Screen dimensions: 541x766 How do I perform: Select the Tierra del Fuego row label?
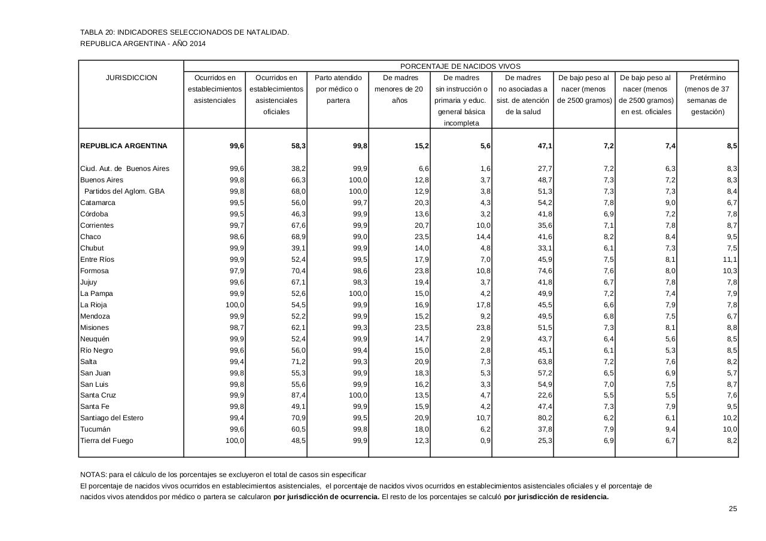(x=107, y=441)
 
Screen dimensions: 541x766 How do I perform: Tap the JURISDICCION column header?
(x=131, y=78)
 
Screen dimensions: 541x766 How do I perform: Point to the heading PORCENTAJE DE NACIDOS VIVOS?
(x=460, y=66)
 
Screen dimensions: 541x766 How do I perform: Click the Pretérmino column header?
(x=707, y=78)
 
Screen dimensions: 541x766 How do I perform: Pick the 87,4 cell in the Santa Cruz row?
(x=297, y=395)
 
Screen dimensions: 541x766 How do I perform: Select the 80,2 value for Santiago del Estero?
(x=545, y=418)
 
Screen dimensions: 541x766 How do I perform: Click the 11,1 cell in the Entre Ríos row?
(x=729, y=259)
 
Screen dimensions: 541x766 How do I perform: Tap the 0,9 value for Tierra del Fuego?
(x=485, y=441)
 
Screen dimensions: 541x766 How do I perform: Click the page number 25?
(x=732, y=509)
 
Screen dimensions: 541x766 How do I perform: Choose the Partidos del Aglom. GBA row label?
(x=124, y=191)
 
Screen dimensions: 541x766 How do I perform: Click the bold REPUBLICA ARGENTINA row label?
(x=123, y=146)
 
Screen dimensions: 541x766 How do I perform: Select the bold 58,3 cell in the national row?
(x=297, y=146)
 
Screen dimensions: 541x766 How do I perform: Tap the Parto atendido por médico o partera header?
(x=338, y=89)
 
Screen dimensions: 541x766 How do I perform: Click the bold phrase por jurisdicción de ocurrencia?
(x=326, y=497)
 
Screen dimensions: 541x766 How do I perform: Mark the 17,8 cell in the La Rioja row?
(x=483, y=305)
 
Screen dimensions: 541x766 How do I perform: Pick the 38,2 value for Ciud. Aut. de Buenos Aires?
(x=297, y=169)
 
